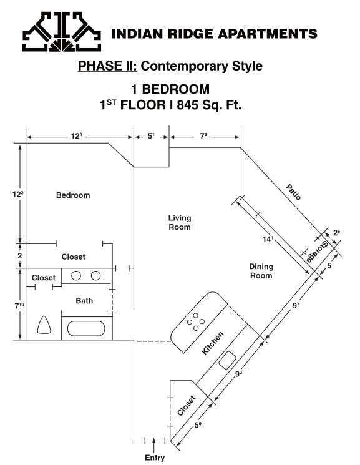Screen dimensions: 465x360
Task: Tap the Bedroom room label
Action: (x=73, y=195)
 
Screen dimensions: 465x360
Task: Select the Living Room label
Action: (x=180, y=223)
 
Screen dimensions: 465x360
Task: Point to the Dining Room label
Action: (x=261, y=271)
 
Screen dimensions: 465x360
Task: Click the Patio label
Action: (x=294, y=192)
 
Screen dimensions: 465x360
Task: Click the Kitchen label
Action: (x=213, y=344)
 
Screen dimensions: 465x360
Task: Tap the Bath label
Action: (x=84, y=301)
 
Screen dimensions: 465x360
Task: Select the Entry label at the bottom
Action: (x=155, y=458)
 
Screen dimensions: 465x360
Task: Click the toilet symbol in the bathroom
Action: (x=44, y=325)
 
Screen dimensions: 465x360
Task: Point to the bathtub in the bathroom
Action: (x=87, y=328)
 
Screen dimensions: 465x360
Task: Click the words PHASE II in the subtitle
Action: (x=100, y=66)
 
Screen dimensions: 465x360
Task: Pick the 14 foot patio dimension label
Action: (x=268, y=239)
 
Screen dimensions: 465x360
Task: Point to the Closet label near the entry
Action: (x=187, y=406)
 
